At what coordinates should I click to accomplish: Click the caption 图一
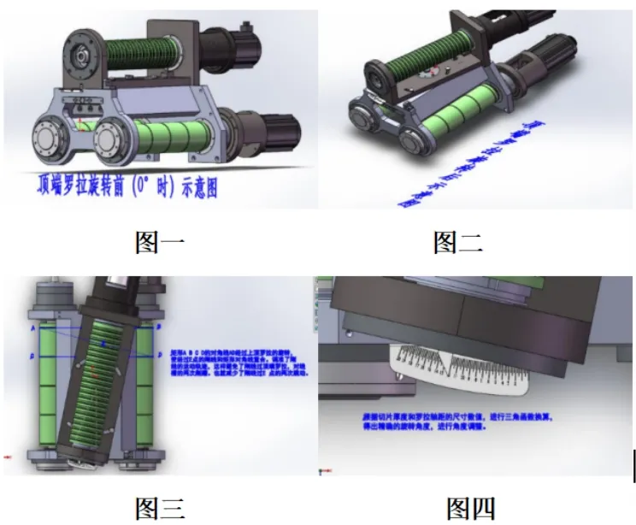click(159, 243)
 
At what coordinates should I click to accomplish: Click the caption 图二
click(458, 243)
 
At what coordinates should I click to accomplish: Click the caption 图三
click(159, 508)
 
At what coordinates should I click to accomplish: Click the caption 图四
click(471, 508)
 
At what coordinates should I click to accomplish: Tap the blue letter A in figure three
click(32, 327)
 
